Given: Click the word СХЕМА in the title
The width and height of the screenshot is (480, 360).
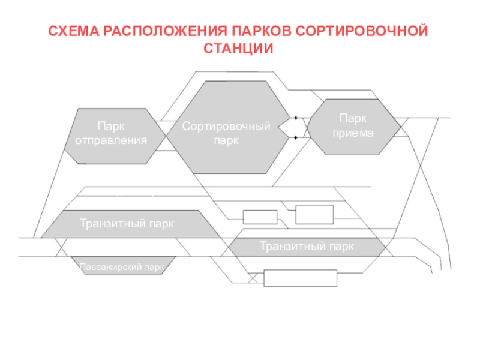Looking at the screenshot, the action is (74, 31).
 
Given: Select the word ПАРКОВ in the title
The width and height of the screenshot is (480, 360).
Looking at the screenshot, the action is (262, 31).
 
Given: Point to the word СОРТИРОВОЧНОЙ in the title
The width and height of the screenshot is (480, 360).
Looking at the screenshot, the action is (362, 31).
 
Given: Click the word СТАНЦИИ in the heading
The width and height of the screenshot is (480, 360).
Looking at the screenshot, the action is (238, 49).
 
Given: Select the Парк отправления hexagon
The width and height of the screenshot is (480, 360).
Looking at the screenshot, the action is (115, 136).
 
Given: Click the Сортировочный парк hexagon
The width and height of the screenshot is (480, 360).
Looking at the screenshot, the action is (228, 127).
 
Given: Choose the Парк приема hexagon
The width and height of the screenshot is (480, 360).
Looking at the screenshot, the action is (353, 127).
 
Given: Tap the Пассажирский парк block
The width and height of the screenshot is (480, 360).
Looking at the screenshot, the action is (123, 266).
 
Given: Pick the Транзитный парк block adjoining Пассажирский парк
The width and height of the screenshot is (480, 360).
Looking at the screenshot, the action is (131, 224).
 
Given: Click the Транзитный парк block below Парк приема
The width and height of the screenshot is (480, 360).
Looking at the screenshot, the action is (307, 247).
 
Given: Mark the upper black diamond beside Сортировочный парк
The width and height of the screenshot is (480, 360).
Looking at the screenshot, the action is (296, 118).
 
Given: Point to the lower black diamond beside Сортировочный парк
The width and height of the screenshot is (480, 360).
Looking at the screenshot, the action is (296, 138).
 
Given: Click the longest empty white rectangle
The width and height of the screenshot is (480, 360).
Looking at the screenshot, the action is (301, 278).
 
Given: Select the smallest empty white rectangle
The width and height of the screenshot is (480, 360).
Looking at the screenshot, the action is (260, 217).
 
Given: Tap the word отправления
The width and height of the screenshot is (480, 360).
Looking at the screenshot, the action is (111, 140).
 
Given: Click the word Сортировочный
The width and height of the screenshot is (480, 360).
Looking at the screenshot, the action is (226, 126).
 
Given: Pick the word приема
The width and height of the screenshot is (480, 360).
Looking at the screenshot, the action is (353, 133).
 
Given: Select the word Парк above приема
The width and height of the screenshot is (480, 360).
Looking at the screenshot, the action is (353, 118).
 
